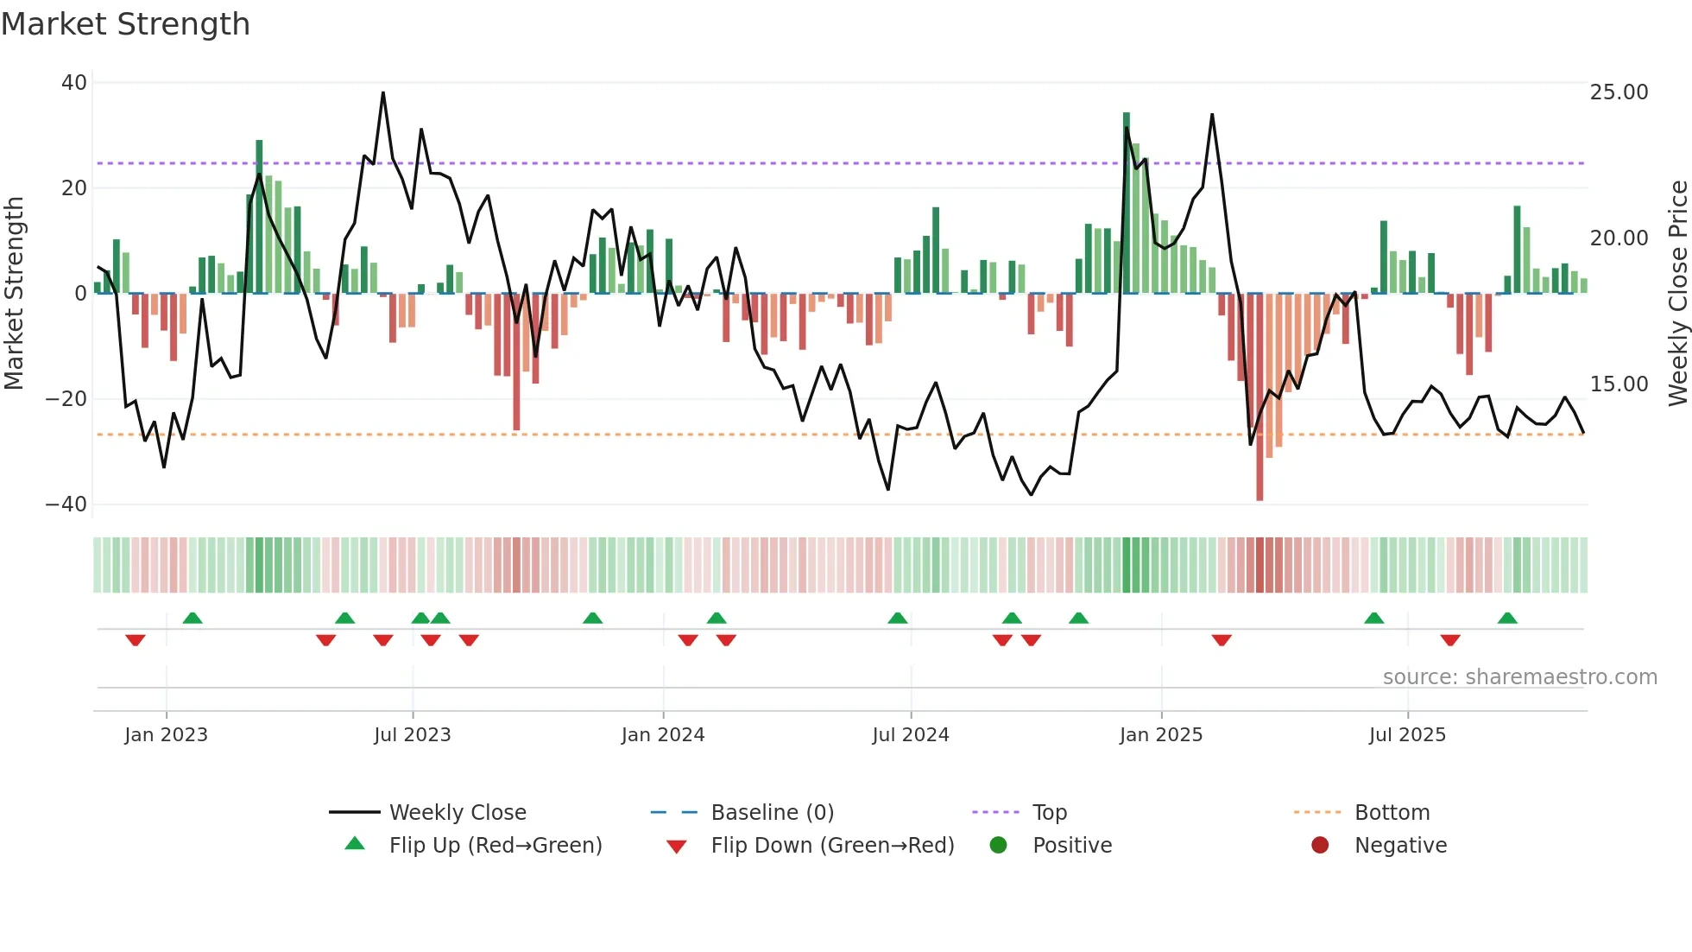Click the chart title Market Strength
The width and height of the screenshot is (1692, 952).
(x=125, y=24)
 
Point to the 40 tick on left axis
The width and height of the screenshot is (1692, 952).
(x=74, y=83)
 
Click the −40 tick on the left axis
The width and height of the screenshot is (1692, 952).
(x=66, y=505)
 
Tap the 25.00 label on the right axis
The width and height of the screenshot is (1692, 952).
(x=1619, y=92)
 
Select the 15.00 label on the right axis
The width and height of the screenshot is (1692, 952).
(x=1619, y=384)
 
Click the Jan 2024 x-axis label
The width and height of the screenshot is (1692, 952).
(x=662, y=735)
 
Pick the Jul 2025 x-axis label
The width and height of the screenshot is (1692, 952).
(x=1406, y=735)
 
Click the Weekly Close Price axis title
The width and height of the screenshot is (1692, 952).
(x=1677, y=294)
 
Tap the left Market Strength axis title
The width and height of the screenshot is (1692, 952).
(x=15, y=294)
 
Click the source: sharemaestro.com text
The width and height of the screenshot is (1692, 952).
(x=1519, y=677)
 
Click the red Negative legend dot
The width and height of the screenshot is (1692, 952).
(x=1320, y=846)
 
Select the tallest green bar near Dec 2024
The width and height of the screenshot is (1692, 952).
(x=1127, y=203)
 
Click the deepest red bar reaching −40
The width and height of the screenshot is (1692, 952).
(x=1260, y=397)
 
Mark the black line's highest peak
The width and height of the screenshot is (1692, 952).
(x=383, y=93)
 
